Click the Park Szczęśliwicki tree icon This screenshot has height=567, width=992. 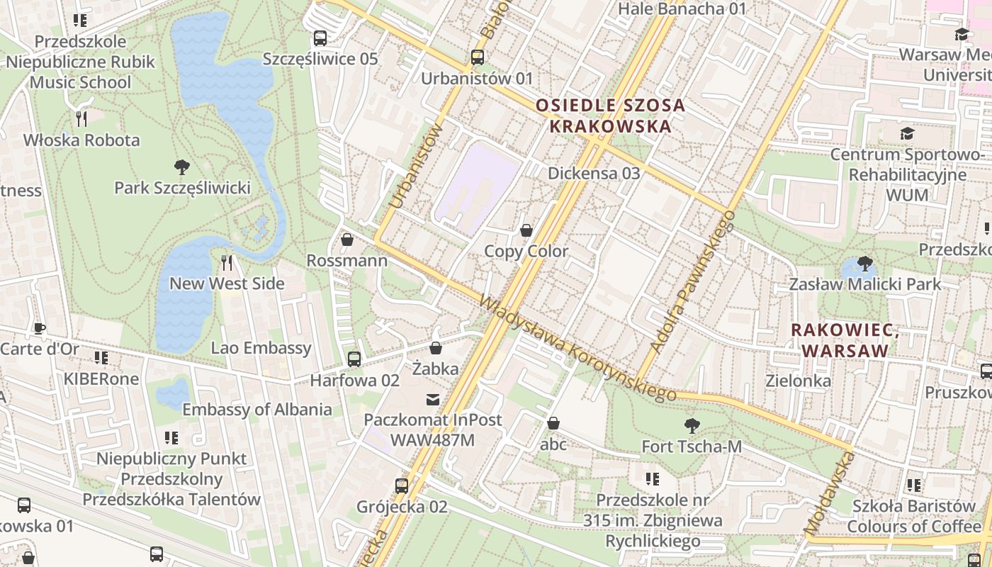point(182,167)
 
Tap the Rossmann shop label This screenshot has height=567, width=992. point(346,261)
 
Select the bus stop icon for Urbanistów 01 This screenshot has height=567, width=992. point(478,57)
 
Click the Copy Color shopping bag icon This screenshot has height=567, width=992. point(526,230)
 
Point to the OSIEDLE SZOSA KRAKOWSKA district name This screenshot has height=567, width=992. point(610,116)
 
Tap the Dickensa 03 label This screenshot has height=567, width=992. point(594,174)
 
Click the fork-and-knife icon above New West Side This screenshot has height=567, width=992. point(227,263)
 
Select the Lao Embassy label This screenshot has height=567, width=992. point(261,348)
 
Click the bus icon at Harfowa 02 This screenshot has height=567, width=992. point(354,359)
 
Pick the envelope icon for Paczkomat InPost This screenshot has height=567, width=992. point(432,400)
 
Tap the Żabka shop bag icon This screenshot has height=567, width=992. point(436,348)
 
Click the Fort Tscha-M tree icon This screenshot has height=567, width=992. point(692,426)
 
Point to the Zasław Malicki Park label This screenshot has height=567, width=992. point(865,285)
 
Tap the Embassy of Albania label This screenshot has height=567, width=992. point(257,410)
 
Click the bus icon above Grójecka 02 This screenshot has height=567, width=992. point(402,486)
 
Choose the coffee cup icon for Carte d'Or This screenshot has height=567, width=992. point(40,329)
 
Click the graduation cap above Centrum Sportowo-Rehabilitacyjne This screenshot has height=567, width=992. point(907,134)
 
